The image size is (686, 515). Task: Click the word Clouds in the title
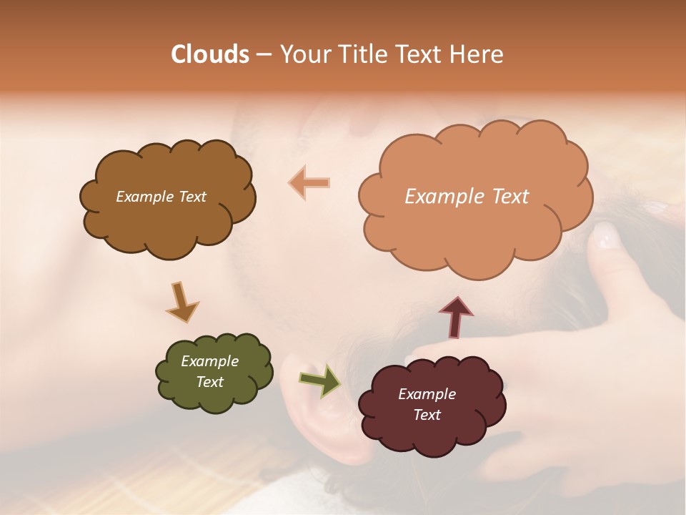tap(210, 54)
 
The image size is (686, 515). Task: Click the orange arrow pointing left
tap(309, 183)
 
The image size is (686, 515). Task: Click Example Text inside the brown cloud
tap(161, 197)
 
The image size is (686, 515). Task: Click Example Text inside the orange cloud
tap(467, 197)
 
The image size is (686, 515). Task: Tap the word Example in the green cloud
tap(209, 361)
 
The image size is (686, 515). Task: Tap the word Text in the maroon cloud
tap(427, 415)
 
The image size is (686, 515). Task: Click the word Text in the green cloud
tap(209, 382)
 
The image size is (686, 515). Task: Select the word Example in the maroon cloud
tap(427, 394)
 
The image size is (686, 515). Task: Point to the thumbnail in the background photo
tap(606, 235)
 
